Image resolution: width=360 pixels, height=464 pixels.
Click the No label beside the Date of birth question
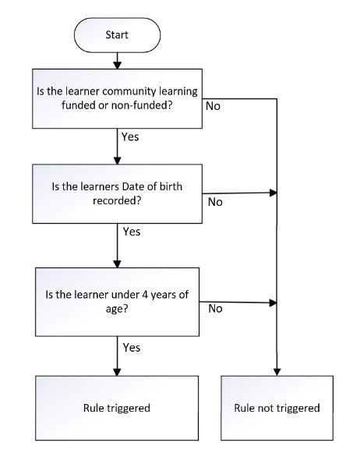point(215,202)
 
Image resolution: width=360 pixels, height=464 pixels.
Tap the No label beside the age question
point(215,309)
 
